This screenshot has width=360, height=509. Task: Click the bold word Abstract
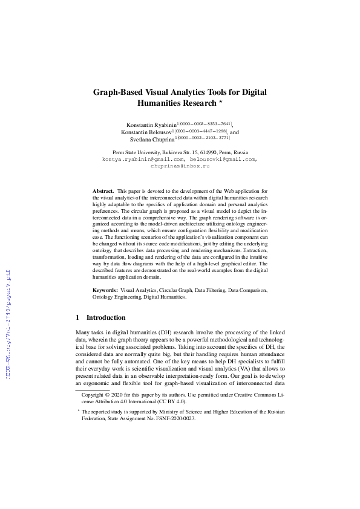[x=103, y=190]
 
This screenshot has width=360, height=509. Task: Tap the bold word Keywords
[x=105, y=291]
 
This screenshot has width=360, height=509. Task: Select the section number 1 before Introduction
[x=77, y=317]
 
